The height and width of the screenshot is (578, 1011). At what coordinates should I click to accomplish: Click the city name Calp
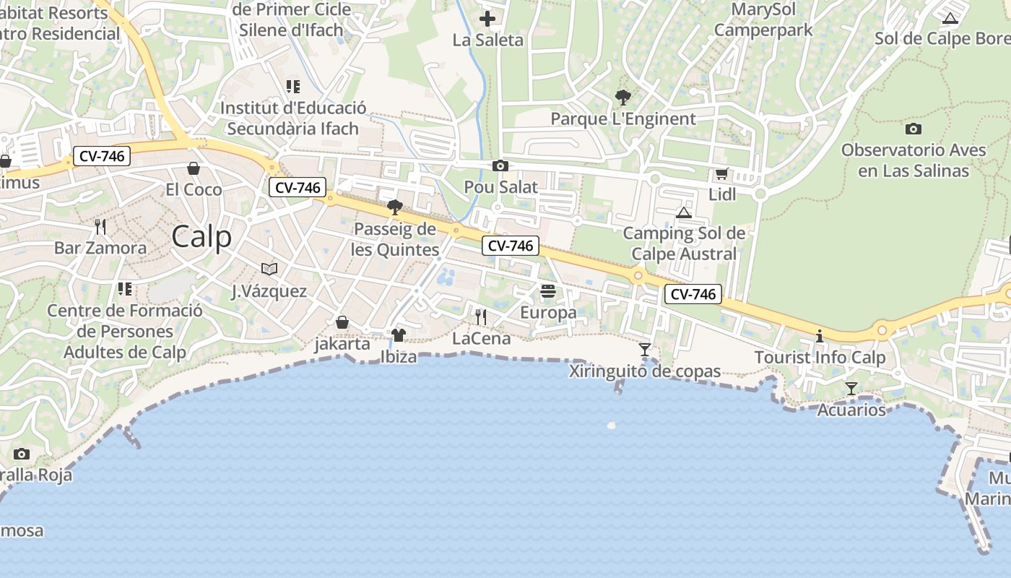pos(201,237)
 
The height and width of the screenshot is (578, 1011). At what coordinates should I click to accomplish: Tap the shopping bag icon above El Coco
pos(194,168)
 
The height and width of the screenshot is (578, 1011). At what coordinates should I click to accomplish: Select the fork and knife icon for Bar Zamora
pos(100,227)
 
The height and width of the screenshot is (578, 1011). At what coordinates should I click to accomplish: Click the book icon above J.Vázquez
pos(269,269)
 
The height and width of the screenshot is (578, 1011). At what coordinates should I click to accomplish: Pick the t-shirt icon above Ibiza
pos(399,335)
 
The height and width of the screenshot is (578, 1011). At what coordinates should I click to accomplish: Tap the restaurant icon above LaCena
pos(481,316)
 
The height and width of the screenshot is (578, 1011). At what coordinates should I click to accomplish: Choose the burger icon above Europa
pos(548,291)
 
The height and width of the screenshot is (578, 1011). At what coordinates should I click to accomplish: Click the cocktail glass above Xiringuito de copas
pos(645,350)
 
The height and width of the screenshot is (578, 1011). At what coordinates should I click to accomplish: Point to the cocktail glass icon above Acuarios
pos(851,389)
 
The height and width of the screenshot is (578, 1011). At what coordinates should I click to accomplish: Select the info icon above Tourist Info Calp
pos(820,336)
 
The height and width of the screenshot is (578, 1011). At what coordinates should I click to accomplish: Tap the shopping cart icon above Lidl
pos(721,173)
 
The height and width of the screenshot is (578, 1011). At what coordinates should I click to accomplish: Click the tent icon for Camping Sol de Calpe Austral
pos(684,212)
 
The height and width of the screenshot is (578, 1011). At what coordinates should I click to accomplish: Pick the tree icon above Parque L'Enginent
pos(622,97)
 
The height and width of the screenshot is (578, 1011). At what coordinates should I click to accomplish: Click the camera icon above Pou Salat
pos(500,166)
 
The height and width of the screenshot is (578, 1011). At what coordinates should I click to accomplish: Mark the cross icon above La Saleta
pos(487,19)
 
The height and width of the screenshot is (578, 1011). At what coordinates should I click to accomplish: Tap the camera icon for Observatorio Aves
pos(914,129)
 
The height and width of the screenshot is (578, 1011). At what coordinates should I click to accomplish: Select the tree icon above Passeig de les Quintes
pos(395,208)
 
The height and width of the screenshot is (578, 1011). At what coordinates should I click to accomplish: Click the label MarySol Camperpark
pos(763,20)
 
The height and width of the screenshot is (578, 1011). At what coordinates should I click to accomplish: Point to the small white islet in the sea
pos(612,426)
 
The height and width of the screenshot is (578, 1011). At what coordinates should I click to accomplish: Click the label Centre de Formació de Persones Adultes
pos(125,332)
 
